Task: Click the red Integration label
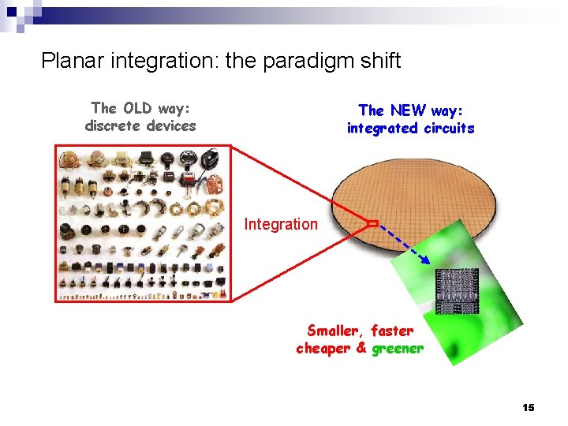coord(280,224)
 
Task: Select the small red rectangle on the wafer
coord(373,224)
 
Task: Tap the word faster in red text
coord(392,331)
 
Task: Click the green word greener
coord(398,348)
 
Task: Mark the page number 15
coord(528,407)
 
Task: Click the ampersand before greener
coord(361,348)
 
